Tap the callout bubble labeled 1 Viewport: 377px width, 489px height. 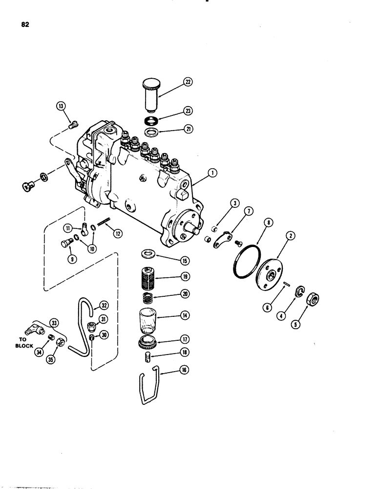(x=212, y=173)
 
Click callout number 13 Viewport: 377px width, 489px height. (x=60, y=106)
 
